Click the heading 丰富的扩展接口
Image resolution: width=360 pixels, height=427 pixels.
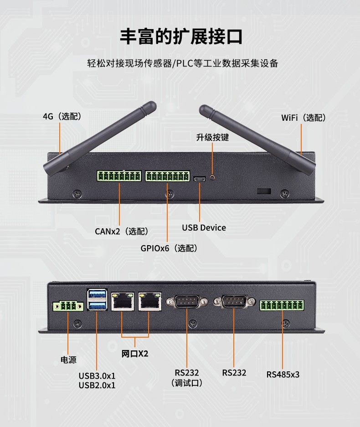tap(181, 36)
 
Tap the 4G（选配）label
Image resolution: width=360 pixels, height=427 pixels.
tap(62, 117)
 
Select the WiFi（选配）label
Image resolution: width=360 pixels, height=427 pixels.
tap(303, 118)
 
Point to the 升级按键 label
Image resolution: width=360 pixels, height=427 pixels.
tap(212, 137)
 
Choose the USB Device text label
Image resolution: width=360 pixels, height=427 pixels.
tap(204, 227)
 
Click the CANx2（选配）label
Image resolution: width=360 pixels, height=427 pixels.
tap(122, 232)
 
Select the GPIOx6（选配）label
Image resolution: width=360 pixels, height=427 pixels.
tap(169, 248)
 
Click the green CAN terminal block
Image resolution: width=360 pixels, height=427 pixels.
tap(118, 176)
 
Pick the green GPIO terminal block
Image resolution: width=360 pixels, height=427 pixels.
tap(167, 176)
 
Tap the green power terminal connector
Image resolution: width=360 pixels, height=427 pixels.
tap(67, 305)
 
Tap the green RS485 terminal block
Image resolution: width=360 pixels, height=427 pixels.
tap(282, 305)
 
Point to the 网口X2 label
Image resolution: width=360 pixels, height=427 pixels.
tap(135, 354)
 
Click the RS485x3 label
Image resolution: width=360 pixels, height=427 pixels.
tap(283, 375)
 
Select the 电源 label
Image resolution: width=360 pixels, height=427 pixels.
tap(68, 360)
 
